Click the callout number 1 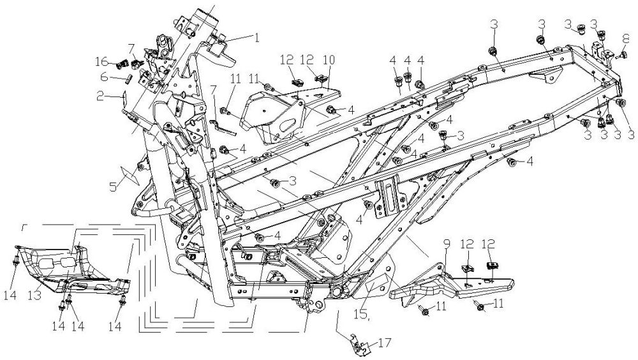tap(256, 38)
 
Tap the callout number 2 tap(100, 96)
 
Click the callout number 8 tap(626, 40)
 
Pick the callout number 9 tap(447, 244)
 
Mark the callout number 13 tap(34, 295)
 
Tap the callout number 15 tap(362, 315)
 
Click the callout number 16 tap(102, 62)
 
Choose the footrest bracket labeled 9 tap(452, 284)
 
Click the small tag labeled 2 tap(124, 96)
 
